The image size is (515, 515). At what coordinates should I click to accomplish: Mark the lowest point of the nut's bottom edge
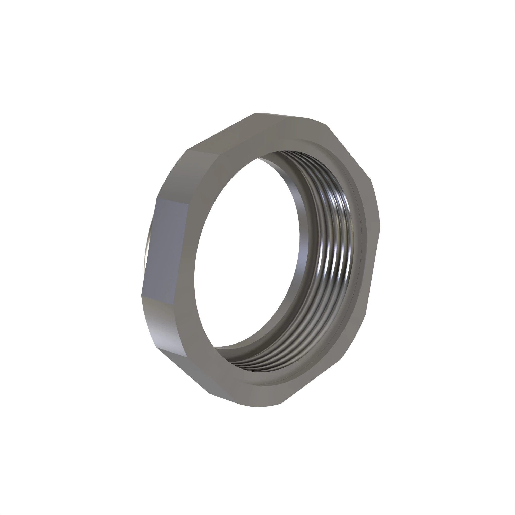click(x=260, y=407)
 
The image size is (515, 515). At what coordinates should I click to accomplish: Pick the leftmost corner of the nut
click(x=141, y=295)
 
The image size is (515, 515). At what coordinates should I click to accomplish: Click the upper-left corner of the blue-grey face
click(x=157, y=198)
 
